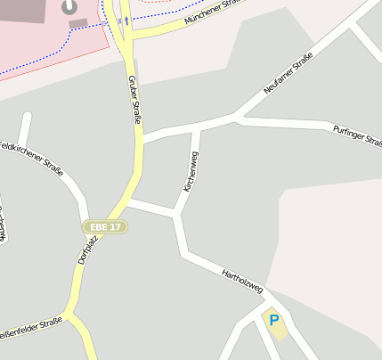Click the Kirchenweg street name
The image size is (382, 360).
point(191,172)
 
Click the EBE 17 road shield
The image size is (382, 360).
point(105,226)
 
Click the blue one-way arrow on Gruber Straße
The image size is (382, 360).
point(126,20)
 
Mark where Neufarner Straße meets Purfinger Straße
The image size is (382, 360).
point(236,117)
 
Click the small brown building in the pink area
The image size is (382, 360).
point(78,23)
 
